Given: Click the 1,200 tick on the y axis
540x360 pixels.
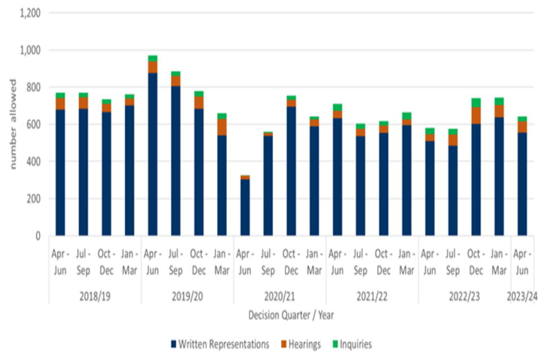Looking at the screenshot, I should coord(30,13).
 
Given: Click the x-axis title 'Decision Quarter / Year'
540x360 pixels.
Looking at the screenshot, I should coord(291,315).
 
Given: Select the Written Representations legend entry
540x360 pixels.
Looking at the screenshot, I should coord(222,344).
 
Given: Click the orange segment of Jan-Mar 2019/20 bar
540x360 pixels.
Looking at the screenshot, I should coord(222,127).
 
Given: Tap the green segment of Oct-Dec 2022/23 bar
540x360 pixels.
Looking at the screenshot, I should coord(476,102).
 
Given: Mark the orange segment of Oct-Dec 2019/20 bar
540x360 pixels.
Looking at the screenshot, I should coord(199,102).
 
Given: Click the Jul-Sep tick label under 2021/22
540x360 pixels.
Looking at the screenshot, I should coord(360,263).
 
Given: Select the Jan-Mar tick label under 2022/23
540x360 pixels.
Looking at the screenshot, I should coord(499,263).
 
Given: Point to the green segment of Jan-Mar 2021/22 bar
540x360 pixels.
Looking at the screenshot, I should coord(407,116).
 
